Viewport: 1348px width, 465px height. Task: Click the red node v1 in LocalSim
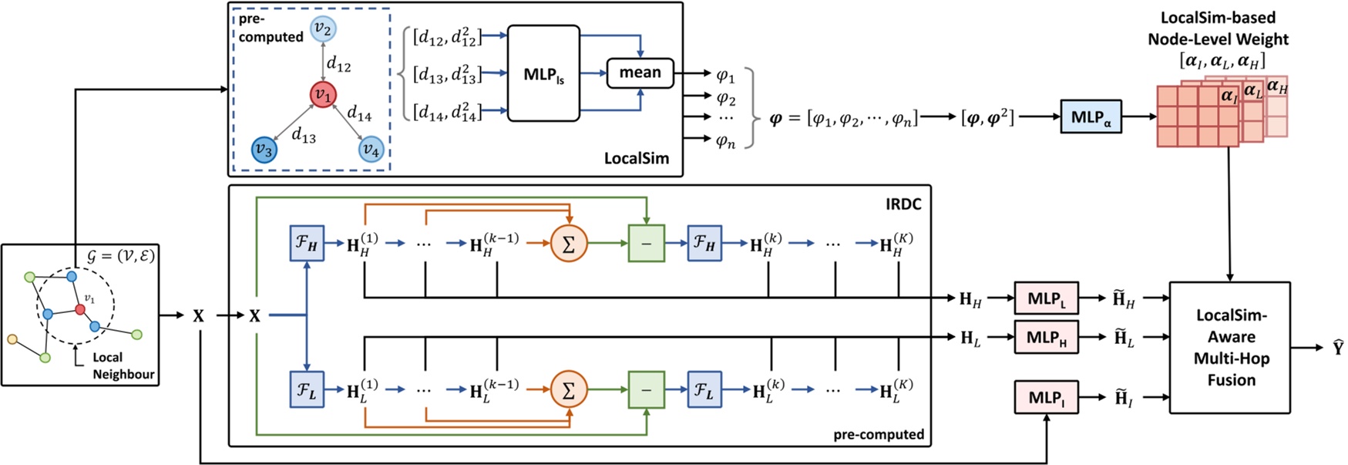[x=323, y=96]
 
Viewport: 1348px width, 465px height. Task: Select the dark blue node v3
[x=264, y=150]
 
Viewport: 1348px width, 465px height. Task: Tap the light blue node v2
[x=323, y=30]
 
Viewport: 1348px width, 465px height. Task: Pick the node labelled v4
[x=371, y=150]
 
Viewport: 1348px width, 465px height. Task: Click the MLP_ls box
[x=543, y=74]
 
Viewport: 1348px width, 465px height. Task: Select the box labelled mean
[x=640, y=72]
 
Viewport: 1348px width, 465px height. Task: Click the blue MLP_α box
[x=1091, y=117]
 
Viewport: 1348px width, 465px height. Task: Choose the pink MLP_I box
[x=1046, y=398]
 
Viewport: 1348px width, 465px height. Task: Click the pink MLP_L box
[x=1046, y=298]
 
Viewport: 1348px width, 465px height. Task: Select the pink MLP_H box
[x=1046, y=338]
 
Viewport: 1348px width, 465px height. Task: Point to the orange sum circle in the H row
[x=569, y=244]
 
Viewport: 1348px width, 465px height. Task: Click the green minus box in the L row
[x=646, y=390]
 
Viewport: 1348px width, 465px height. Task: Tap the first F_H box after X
[x=307, y=244]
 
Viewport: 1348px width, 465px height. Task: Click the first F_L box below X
[x=307, y=390]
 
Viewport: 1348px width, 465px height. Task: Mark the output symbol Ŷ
[x=1338, y=348]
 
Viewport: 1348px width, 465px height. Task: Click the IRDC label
[x=903, y=204]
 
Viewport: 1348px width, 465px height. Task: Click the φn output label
[x=725, y=140]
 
